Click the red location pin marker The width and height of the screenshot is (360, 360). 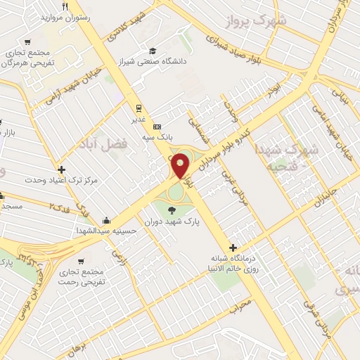(x=181, y=166)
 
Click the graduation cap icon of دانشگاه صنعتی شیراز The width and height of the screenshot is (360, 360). (x=153, y=51)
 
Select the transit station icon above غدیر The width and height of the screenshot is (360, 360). (x=139, y=108)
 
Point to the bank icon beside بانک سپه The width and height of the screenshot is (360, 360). (x=156, y=125)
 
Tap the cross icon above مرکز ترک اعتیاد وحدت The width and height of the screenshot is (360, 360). (x=63, y=169)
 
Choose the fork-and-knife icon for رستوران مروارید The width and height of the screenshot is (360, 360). (x=65, y=6)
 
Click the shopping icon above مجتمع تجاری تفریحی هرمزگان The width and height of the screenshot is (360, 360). (x=28, y=41)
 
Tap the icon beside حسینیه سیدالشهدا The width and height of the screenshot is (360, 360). (x=105, y=220)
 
